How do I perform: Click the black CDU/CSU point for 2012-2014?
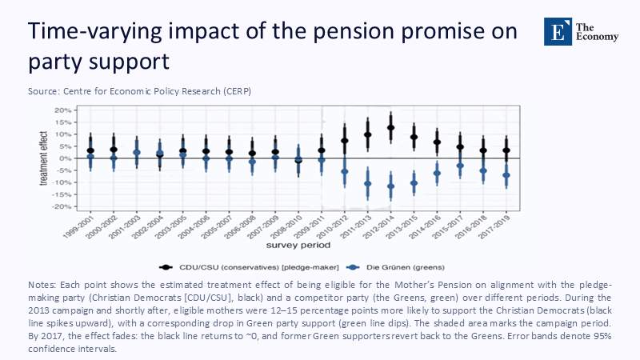click(x=391, y=127)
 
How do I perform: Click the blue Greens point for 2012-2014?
click(x=391, y=186)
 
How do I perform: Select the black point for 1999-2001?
click(x=90, y=150)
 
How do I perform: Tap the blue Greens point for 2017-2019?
click(x=506, y=175)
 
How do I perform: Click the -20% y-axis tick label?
click(x=63, y=206)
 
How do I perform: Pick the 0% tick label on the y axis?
click(x=68, y=158)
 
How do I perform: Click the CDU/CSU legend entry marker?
click(x=166, y=266)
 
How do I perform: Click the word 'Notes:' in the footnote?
click(x=44, y=284)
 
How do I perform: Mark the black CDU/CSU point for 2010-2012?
click(x=345, y=141)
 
